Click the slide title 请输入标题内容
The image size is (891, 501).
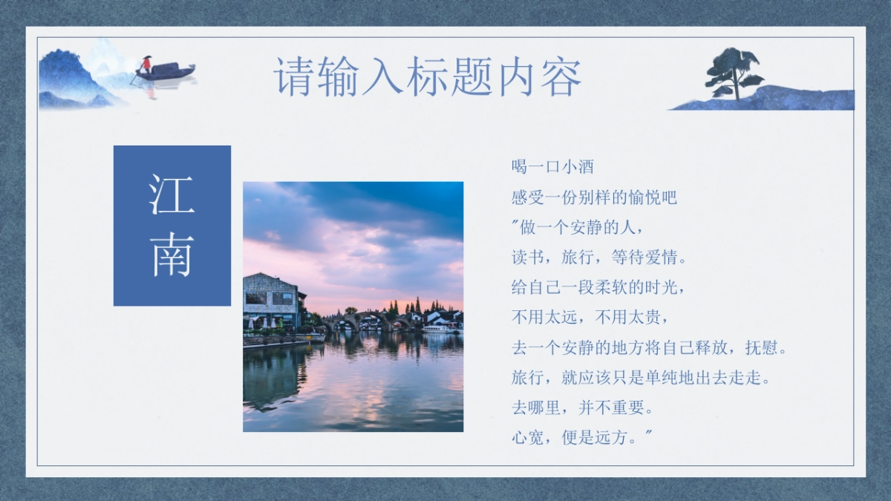(428, 76)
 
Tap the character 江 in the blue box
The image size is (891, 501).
(172, 194)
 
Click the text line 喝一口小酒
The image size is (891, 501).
(552, 166)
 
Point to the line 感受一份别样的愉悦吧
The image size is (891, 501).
(594, 197)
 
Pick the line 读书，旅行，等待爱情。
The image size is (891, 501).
(600, 258)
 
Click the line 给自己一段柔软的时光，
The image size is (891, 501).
(598, 287)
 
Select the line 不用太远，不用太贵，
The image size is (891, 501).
(591, 317)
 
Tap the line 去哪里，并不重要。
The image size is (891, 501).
(582, 407)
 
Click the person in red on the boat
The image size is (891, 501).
(146, 64)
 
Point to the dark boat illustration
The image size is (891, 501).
(167, 73)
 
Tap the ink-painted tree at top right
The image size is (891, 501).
(734, 71)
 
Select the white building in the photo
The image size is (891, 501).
(270, 301)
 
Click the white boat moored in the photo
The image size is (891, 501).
(440, 328)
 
